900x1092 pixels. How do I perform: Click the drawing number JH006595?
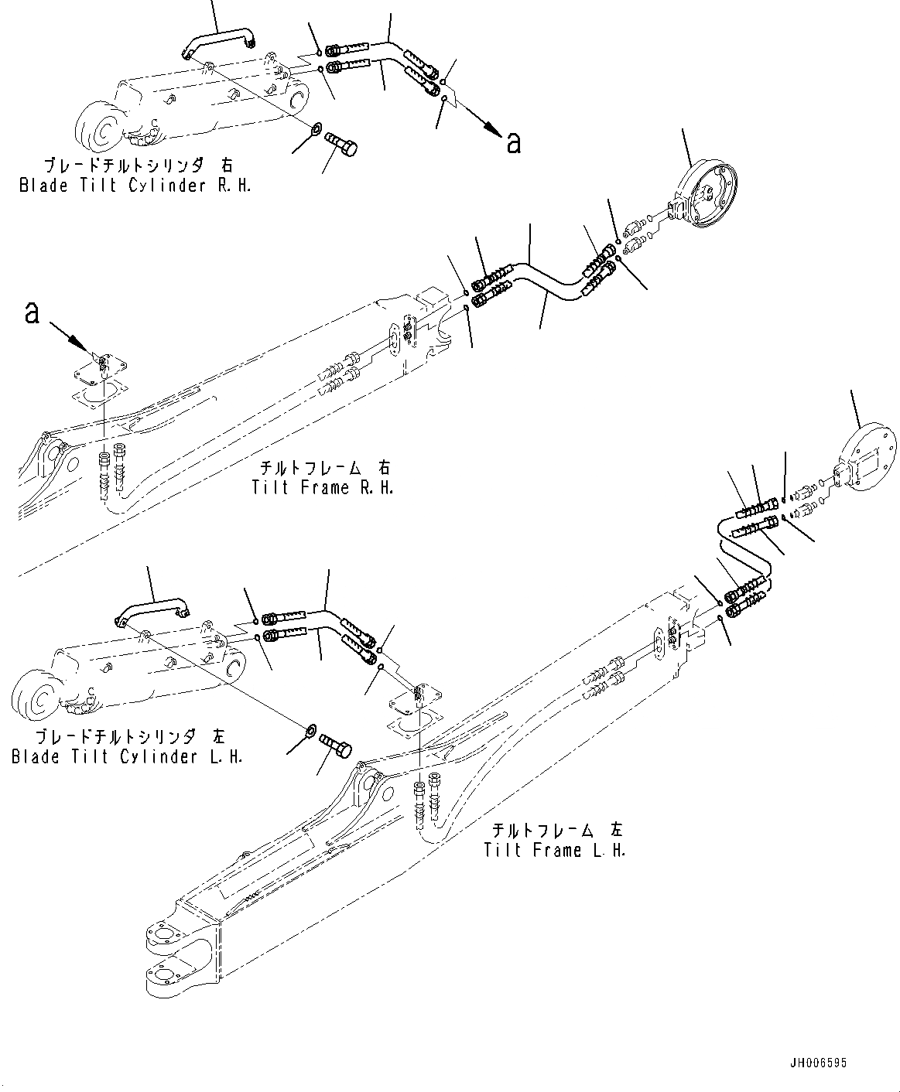click(817, 1063)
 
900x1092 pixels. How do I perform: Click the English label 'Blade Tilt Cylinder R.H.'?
click(135, 186)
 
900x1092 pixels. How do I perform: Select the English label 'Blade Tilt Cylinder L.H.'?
click(127, 756)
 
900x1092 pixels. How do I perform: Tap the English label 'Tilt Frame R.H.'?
click(322, 487)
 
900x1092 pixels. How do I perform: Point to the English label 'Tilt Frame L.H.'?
click(554, 850)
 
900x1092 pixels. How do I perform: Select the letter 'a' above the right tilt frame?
click(32, 312)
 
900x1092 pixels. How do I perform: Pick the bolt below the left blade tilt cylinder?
click(337, 746)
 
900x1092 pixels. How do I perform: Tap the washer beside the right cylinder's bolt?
click(317, 128)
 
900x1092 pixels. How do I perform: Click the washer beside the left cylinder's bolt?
click(310, 729)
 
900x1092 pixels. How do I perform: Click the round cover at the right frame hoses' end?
click(706, 191)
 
